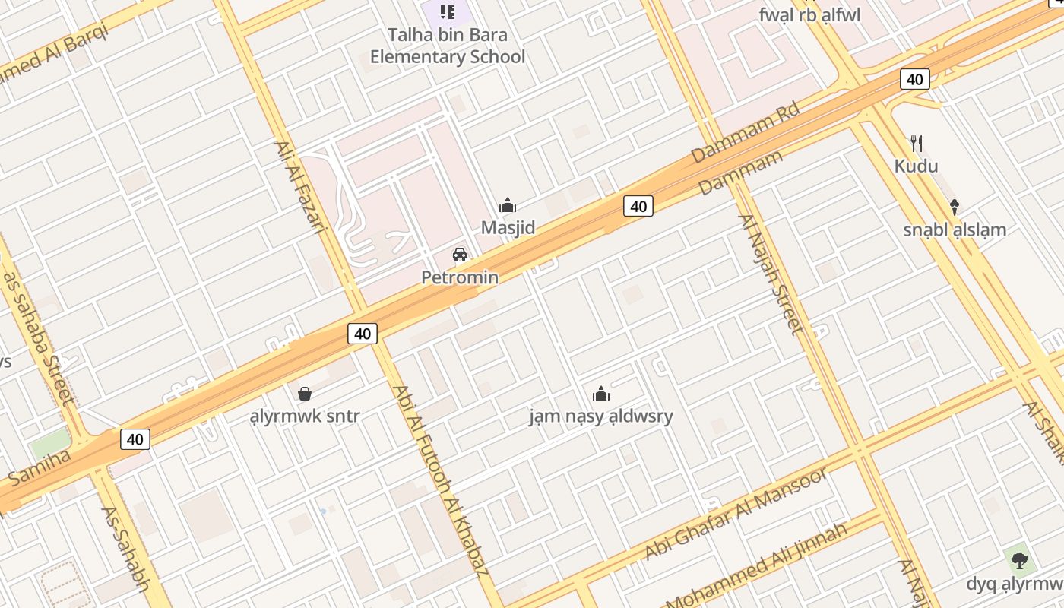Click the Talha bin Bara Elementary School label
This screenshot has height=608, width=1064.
(x=447, y=46)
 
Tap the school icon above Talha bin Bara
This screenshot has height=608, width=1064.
(x=448, y=11)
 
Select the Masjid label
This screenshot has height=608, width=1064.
(x=508, y=227)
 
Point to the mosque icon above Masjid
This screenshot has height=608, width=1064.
(x=508, y=205)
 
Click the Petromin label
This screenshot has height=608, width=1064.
(x=460, y=277)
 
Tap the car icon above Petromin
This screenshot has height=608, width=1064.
(x=460, y=254)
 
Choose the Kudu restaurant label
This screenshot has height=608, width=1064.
(x=916, y=166)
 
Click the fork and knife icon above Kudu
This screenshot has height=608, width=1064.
(x=917, y=143)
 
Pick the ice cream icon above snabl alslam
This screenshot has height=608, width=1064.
(x=955, y=206)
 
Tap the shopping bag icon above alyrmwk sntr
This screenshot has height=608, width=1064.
(x=305, y=394)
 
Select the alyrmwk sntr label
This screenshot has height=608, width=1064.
(x=305, y=416)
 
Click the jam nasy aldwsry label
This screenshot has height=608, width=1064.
(x=601, y=416)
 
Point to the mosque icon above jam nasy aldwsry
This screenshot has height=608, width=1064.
(x=601, y=394)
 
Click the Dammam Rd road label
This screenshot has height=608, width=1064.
(x=746, y=133)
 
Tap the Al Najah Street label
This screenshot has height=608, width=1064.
(x=771, y=274)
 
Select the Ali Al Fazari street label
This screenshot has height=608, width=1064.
(x=299, y=187)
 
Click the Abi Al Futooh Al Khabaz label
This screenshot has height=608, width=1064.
(x=439, y=480)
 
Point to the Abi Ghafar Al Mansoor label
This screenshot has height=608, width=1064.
(x=735, y=515)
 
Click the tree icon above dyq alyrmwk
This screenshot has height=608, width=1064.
(x=1020, y=561)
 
